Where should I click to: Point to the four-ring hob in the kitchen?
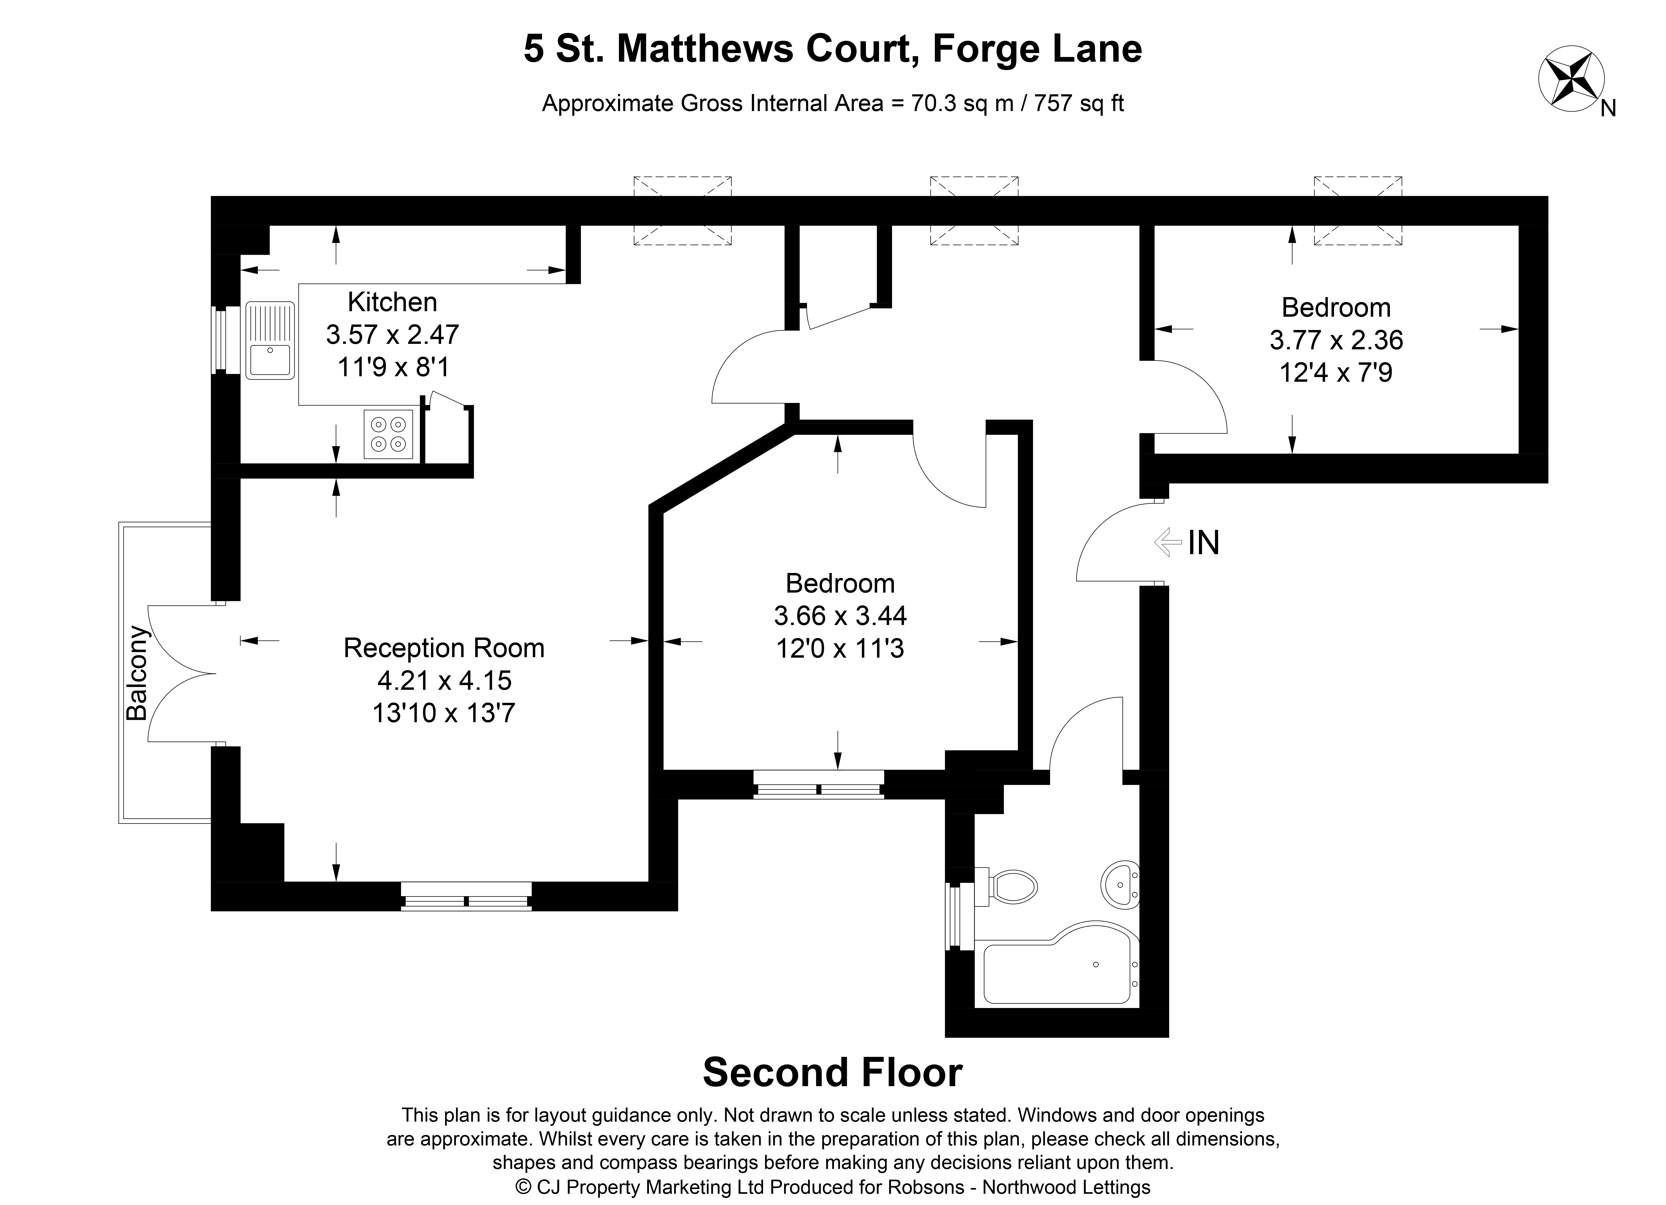389,434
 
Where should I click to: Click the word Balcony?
137,673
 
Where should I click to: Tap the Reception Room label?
444,648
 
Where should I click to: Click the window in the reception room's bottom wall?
466,896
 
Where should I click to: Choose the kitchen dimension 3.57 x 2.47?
392,335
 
